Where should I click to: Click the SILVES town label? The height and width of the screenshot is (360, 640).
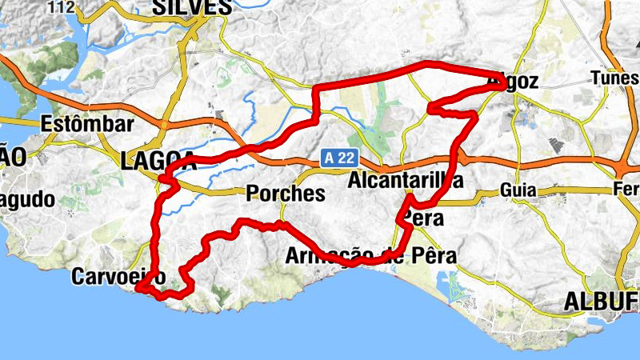click(x=191, y=7)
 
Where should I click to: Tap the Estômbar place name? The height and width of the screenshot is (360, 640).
click(x=86, y=125)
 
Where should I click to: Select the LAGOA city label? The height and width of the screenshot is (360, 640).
click(x=158, y=160)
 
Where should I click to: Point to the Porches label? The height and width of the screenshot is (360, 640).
click(x=286, y=193)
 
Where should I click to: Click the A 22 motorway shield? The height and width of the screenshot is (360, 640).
click(x=339, y=159)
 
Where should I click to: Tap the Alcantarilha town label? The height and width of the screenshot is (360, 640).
click(x=406, y=181)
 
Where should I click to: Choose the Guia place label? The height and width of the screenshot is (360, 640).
click(x=516, y=190)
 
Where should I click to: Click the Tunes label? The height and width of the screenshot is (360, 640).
click(x=614, y=78)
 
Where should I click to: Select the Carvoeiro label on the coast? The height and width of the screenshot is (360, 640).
click(x=118, y=277)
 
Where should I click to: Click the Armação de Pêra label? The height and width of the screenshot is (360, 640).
click(x=371, y=256)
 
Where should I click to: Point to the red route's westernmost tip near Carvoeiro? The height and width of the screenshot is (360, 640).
click(x=138, y=288)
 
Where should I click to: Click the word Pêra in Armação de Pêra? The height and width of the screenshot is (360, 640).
click(x=434, y=256)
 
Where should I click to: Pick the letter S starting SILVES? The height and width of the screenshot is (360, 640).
click(x=158, y=7)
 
